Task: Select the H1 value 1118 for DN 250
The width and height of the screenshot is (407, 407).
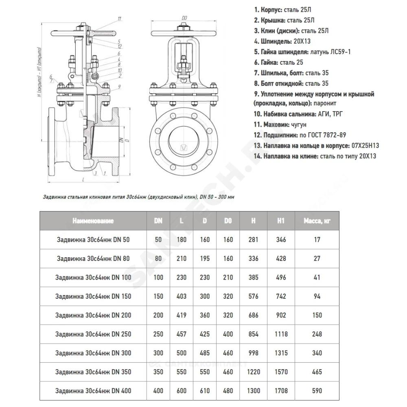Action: tap(280, 334)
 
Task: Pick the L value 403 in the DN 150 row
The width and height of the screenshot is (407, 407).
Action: tap(182, 296)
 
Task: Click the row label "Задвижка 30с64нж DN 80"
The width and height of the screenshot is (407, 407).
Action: tap(92, 258)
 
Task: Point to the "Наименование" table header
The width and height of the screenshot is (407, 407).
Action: tap(93, 221)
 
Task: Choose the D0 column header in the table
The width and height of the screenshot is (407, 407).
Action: tap(228, 221)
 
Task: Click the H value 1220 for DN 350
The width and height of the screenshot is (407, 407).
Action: tap(253, 372)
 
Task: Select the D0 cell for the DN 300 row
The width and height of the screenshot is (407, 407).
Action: tap(228, 353)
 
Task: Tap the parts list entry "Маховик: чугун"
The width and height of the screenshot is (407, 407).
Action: tap(281, 125)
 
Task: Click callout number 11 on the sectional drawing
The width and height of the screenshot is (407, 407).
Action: tap(119, 19)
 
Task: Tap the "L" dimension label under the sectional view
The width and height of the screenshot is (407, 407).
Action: tap(83, 179)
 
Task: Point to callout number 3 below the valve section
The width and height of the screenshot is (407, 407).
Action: tap(95, 173)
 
